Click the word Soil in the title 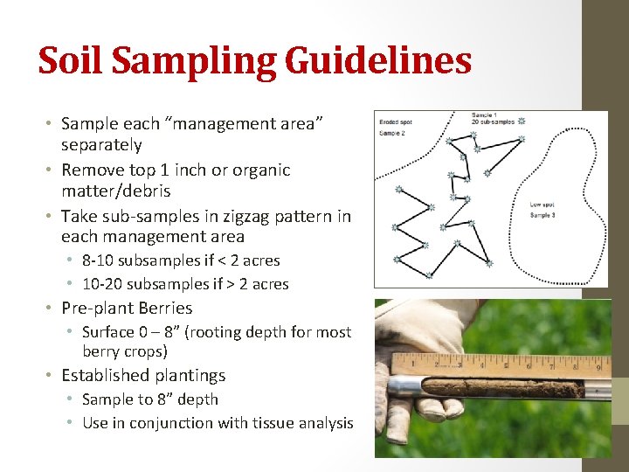(73, 61)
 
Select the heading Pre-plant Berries (127, 308)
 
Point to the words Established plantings (143, 376)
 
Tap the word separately (101, 145)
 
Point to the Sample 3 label (543, 214)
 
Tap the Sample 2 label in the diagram (392, 133)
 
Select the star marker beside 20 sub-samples (522, 121)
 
